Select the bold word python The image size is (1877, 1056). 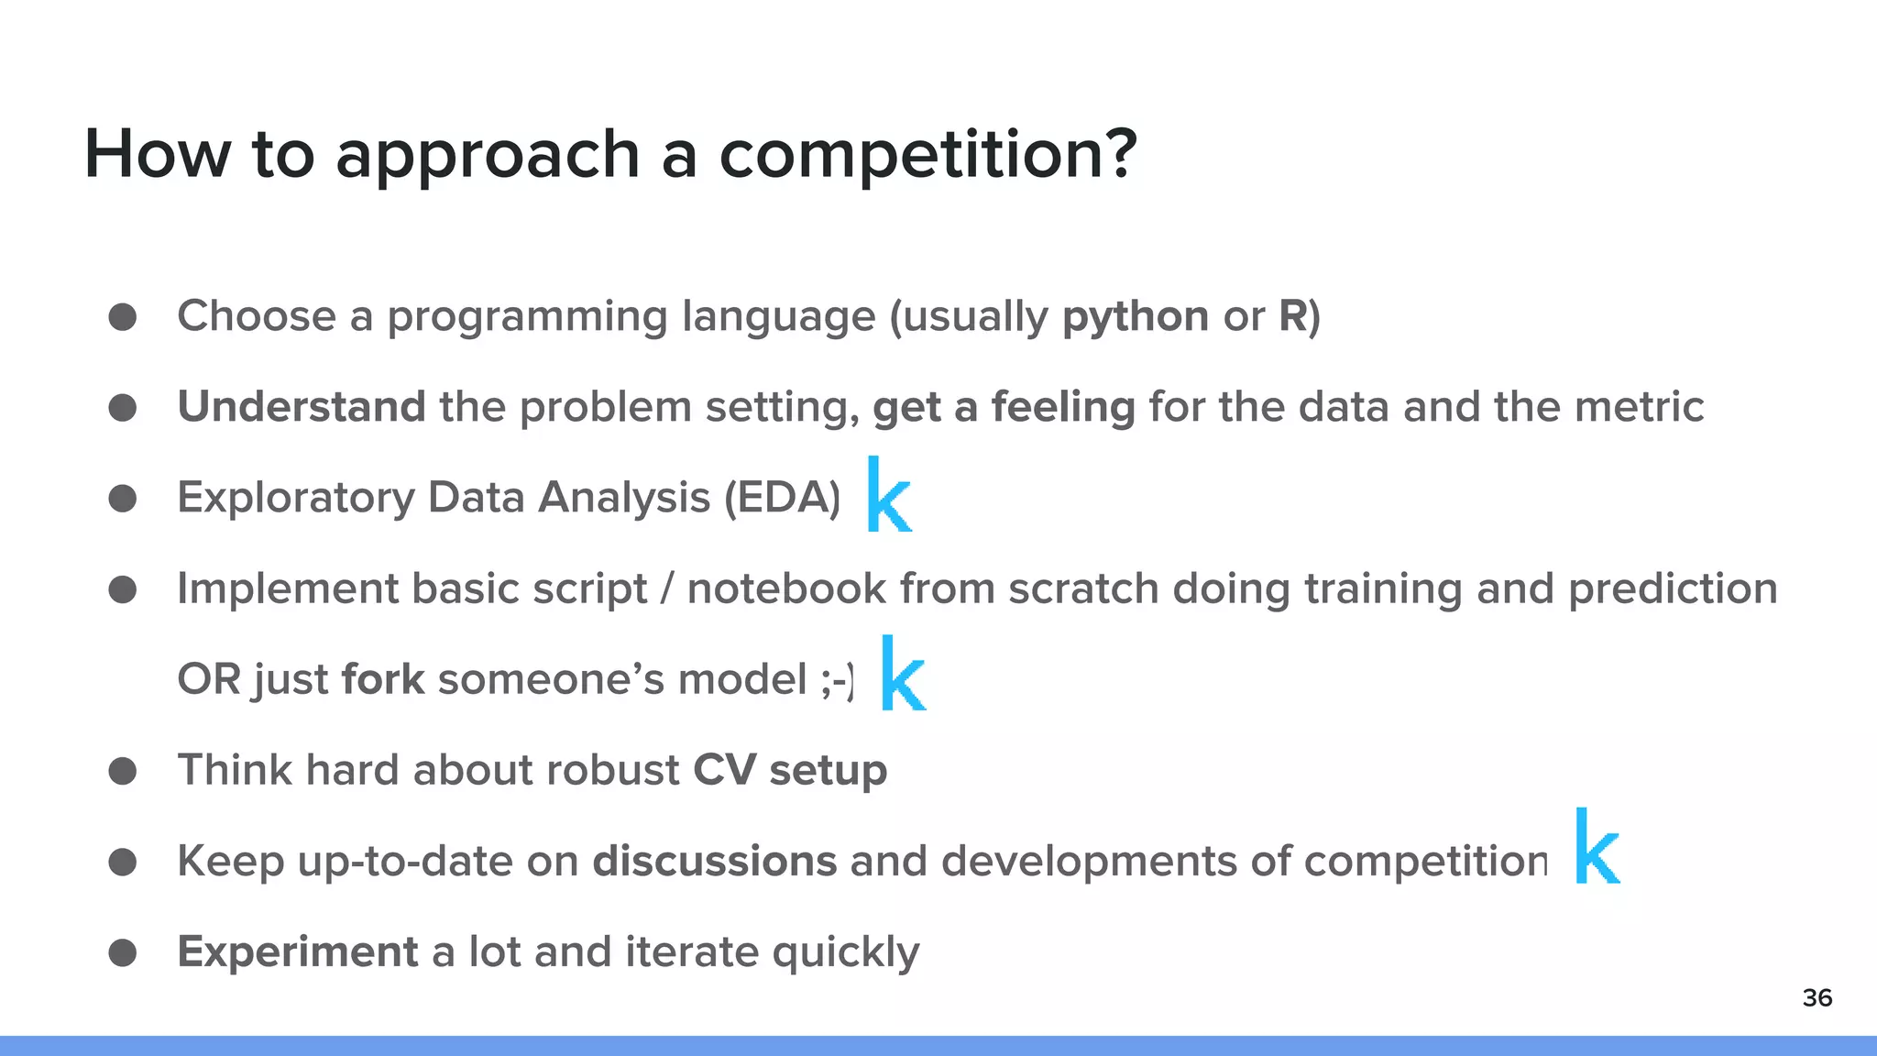pyautogui.click(x=1135, y=317)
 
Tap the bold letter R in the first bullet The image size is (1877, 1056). pyautogui.click(x=1292, y=316)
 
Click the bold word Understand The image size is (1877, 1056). pyautogui.click(x=301, y=406)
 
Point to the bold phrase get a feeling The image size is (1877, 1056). pyautogui.click(x=1004, y=408)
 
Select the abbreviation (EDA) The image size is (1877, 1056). pyautogui.click(x=782, y=498)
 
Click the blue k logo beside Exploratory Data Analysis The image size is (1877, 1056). pyautogui.click(x=888, y=496)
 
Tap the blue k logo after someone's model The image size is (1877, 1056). pyautogui.click(x=902, y=675)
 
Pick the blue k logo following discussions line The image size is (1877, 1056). pyautogui.click(x=1597, y=847)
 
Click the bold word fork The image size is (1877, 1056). pyautogui.click(x=382, y=679)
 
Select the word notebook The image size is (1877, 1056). pyautogui.click(x=786, y=588)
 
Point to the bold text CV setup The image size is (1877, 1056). pyautogui.click(x=789, y=770)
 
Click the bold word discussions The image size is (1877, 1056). pyautogui.click(x=714, y=861)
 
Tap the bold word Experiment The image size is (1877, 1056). pyautogui.click(x=297, y=951)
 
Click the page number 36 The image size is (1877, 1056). pyautogui.click(x=1817, y=998)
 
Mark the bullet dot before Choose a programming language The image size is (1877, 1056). pyautogui.click(x=123, y=317)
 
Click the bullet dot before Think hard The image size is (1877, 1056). pyautogui.click(x=123, y=771)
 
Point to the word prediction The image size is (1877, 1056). pyautogui.click(x=1672, y=588)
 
